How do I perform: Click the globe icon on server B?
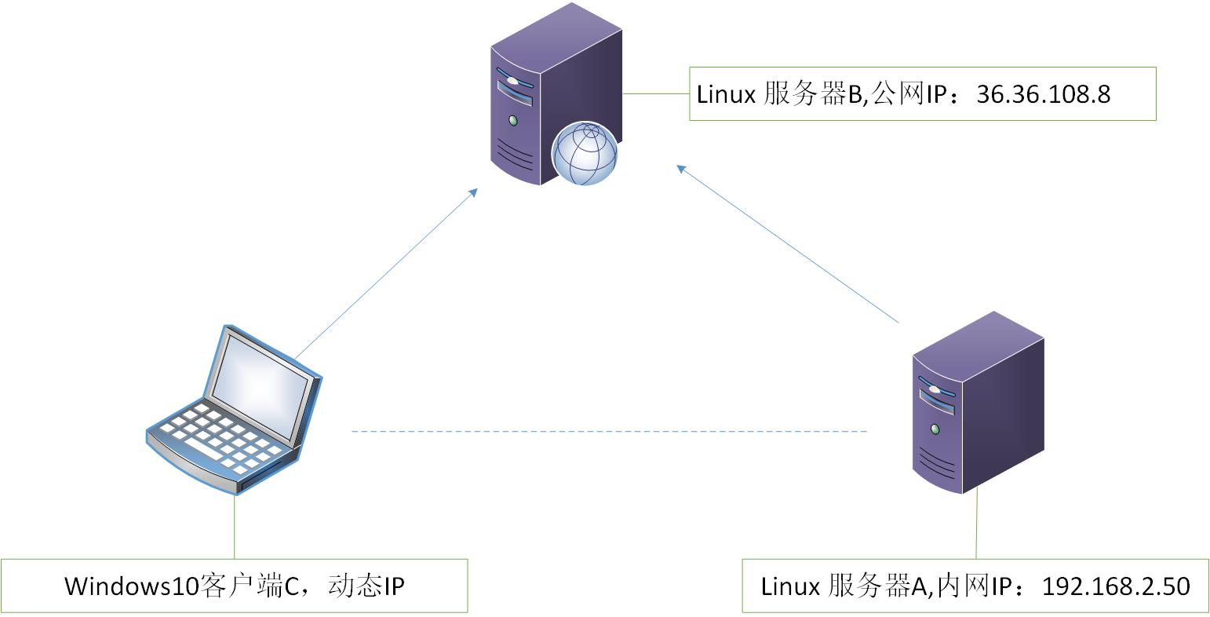(585, 152)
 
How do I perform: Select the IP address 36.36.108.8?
(1043, 94)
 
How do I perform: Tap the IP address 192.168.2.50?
(1115, 586)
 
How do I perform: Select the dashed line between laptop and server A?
(609, 432)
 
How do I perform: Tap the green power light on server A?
(935, 429)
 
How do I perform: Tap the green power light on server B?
(513, 121)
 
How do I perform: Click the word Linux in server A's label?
(790, 586)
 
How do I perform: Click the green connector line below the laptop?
(234, 526)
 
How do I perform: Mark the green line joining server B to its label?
(656, 93)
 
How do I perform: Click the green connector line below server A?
(977, 526)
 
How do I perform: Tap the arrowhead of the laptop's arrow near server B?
(473, 192)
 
